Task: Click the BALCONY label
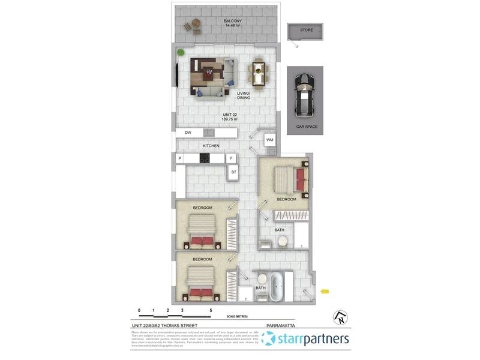[x=232, y=22]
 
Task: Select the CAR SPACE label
[x=306, y=127]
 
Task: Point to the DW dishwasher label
[x=188, y=132]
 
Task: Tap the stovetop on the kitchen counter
[x=204, y=158]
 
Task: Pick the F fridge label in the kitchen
[x=230, y=158]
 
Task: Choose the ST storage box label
[x=233, y=173]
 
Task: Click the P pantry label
[x=179, y=158]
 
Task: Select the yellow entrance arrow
[x=325, y=292]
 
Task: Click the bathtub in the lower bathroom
[x=276, y=288]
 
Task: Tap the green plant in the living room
[x=179, y=52]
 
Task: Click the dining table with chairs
[x=259, y=72]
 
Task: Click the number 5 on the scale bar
[x=211, y=311]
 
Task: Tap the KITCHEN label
[x=211, y=146]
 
